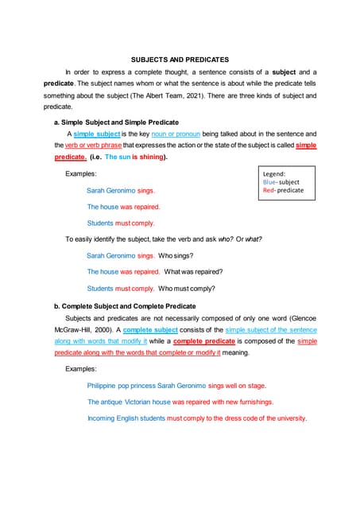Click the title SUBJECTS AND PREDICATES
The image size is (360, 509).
(x=179, y=60)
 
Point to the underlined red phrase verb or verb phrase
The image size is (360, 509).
(x=95, y=146)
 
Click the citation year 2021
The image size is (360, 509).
(x=218, y=95)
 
